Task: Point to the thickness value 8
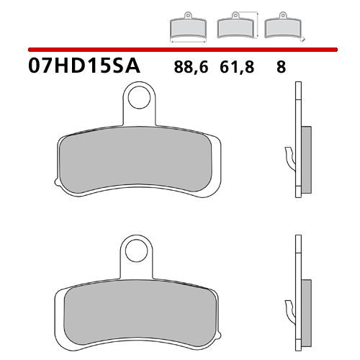[x=280, y=68]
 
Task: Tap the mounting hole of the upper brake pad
[x=138, y=96]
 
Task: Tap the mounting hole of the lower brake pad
[x=132, y=251]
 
